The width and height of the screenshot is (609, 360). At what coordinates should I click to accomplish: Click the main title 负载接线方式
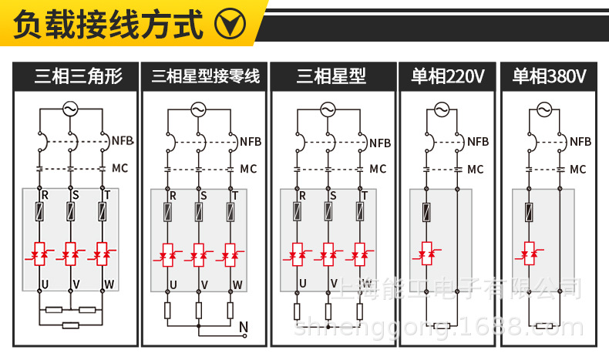tap(108, 25)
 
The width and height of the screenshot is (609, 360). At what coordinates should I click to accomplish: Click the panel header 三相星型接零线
tap(205, 76)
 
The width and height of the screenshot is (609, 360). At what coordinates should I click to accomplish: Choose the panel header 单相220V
tap(447, 76)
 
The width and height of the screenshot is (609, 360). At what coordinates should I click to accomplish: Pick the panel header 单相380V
tap(549, 76)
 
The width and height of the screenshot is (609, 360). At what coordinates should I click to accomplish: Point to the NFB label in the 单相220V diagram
tap(477, 142)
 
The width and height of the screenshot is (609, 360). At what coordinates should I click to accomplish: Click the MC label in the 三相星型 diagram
tap(378, 169)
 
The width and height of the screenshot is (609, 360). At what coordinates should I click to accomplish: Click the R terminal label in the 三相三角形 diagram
tap(44, 196)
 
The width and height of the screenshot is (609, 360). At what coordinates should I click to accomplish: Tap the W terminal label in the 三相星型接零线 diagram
tap(237, 284)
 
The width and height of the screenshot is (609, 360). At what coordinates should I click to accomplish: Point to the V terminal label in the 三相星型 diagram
tap(333, 284)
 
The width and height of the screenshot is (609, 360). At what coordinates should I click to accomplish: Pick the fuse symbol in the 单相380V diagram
tap(529, 212)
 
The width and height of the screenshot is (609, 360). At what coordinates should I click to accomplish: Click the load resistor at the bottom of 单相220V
tap(442, 326)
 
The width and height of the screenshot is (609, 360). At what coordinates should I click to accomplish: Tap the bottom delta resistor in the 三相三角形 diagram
tap(70, 325)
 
